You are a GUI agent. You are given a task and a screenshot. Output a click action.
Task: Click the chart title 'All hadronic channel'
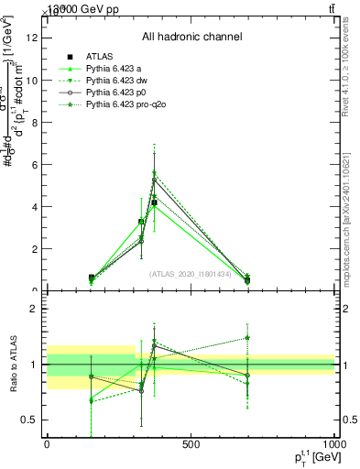coord(191,38)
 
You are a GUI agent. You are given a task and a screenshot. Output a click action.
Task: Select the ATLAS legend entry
coord(100,57)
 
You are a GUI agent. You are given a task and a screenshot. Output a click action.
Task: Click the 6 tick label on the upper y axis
coord(37,165)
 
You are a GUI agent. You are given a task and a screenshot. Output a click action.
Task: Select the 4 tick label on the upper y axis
coord(37,207)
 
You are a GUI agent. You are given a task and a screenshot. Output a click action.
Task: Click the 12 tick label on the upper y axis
coord(34,38)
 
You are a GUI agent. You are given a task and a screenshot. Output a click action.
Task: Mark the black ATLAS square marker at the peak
coord(155,202)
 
